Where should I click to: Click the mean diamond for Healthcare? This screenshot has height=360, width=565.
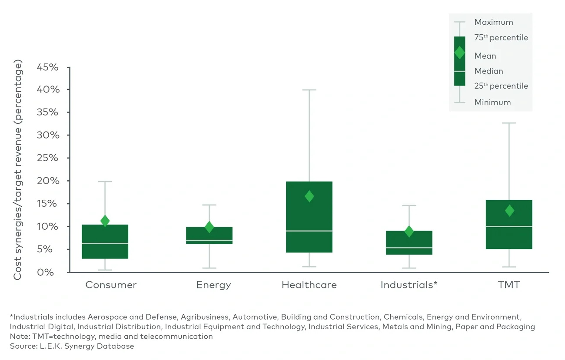(x=309, y=196)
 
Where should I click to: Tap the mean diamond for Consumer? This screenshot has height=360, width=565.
(x=105, y=221)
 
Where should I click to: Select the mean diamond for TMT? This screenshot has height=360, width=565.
(x=509, y=211)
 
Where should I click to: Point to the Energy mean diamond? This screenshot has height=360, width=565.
(x=209, y=227)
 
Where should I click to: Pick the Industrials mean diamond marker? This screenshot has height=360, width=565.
(x=409, y=231)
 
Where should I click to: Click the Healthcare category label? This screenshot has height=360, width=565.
(x=309, y=285)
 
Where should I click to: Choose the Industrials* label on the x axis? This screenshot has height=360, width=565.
(x=409, y=285)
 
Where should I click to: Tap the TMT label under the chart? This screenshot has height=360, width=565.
(x=509, y=285)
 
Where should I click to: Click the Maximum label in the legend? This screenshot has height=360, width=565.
(x=493, y=22)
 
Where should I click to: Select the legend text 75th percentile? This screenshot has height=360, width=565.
(x=501, y=38)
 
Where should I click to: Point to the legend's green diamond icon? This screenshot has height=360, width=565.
(x=459, y=53)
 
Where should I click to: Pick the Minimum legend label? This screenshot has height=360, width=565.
(x=492, y=102)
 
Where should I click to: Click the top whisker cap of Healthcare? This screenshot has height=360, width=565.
(x=309, y=90)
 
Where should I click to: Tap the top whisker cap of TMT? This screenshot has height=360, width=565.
(x=509, y=123)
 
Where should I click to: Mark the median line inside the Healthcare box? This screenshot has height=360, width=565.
(x=309, y=231)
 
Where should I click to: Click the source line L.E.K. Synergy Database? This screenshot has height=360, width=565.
(x=72, y=346)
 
